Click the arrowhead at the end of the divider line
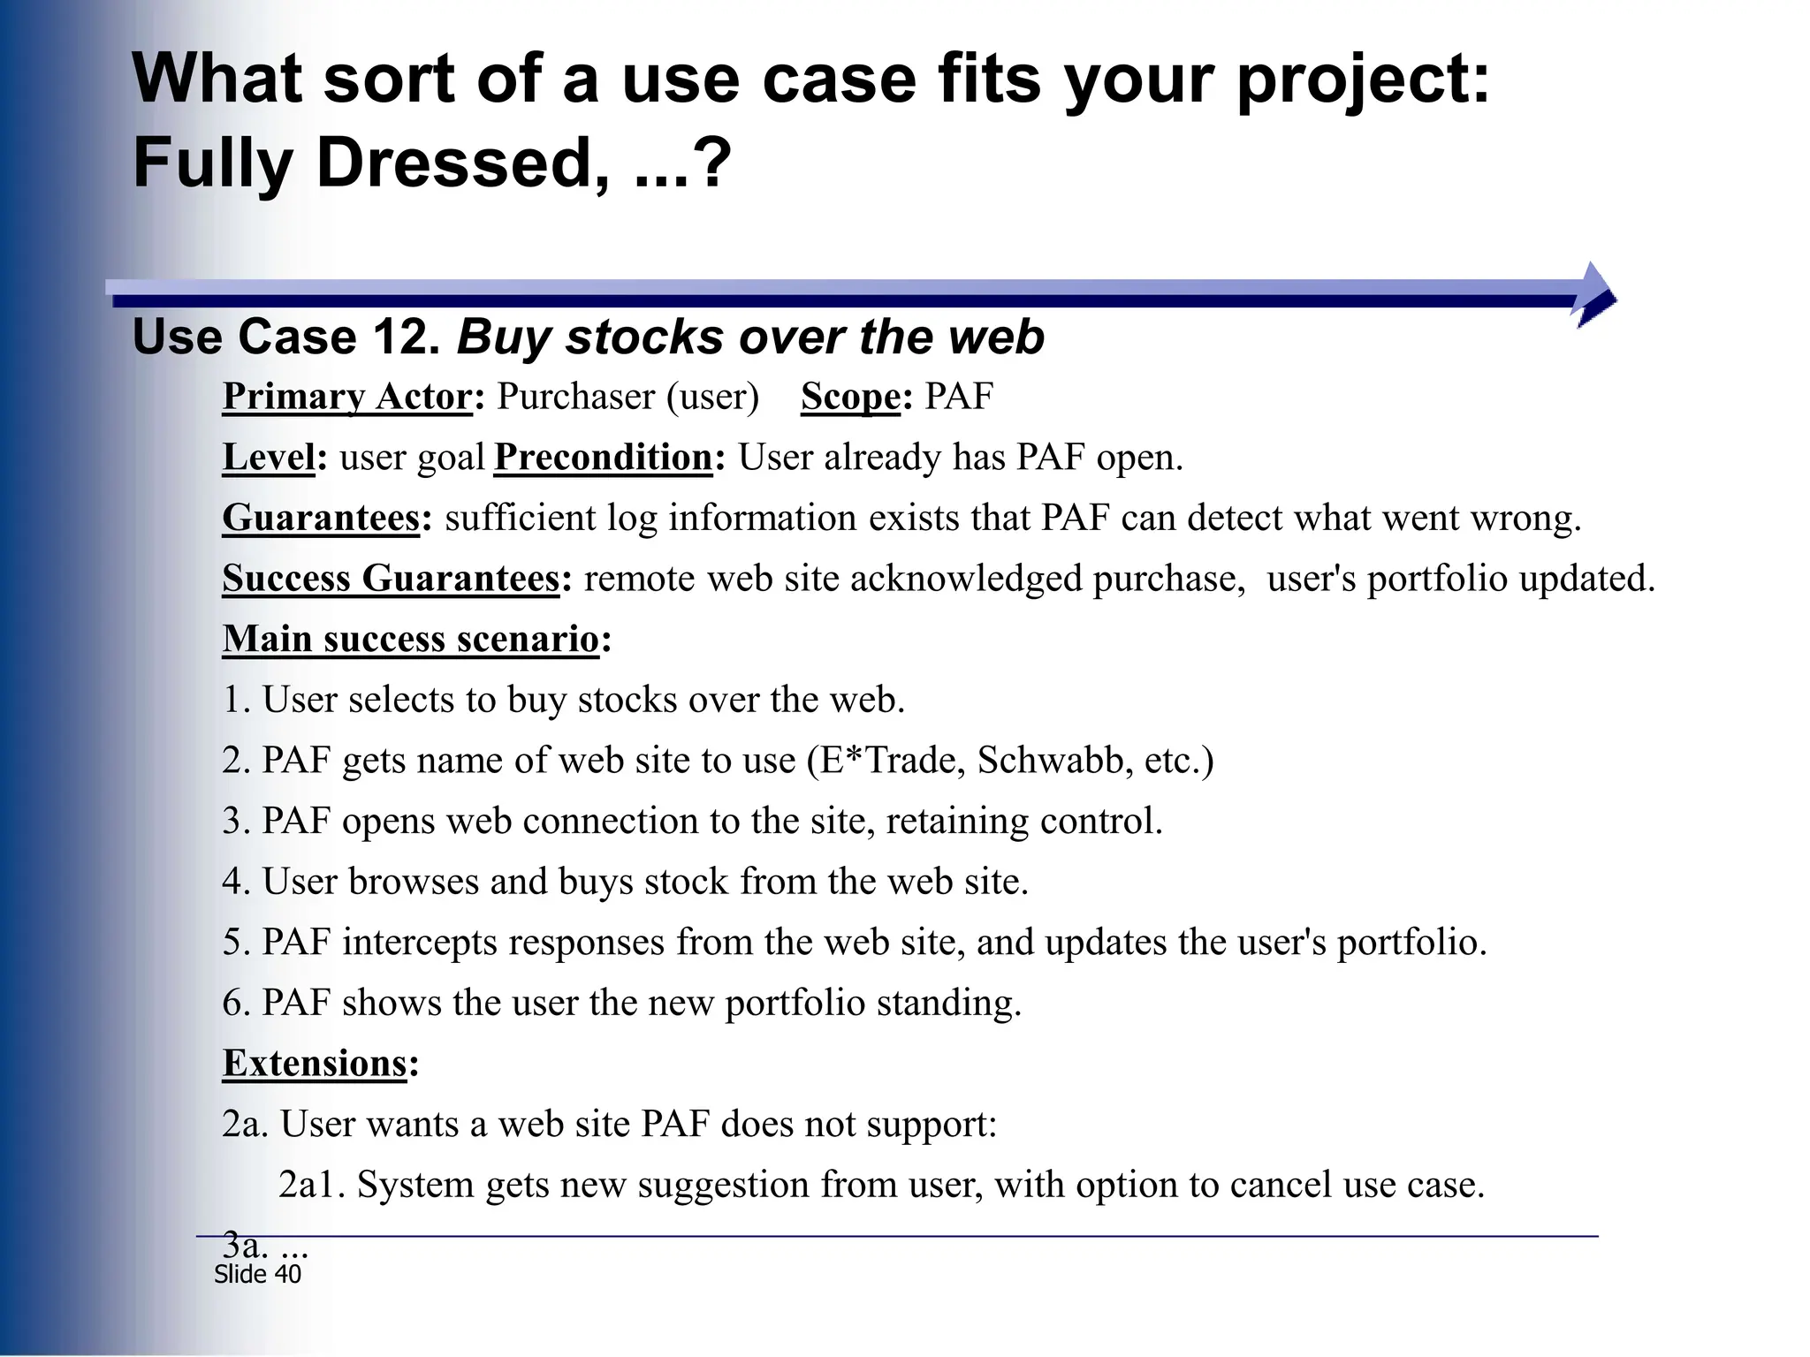(x=1595, y=295)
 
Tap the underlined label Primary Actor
(x=347, y=397)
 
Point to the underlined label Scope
(x=849, y=397)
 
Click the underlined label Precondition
(x=604, y=458)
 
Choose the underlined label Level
(x=268, y=458)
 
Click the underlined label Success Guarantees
(x=391, y=579)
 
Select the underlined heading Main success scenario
(x=411, y=639)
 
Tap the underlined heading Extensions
(x=315, y=1063)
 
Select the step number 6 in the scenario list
(x=232, y=1003)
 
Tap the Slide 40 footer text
(x=257, y=1274)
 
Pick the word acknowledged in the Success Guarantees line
(x=965, y=579)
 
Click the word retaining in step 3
(x=957, y=821)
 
